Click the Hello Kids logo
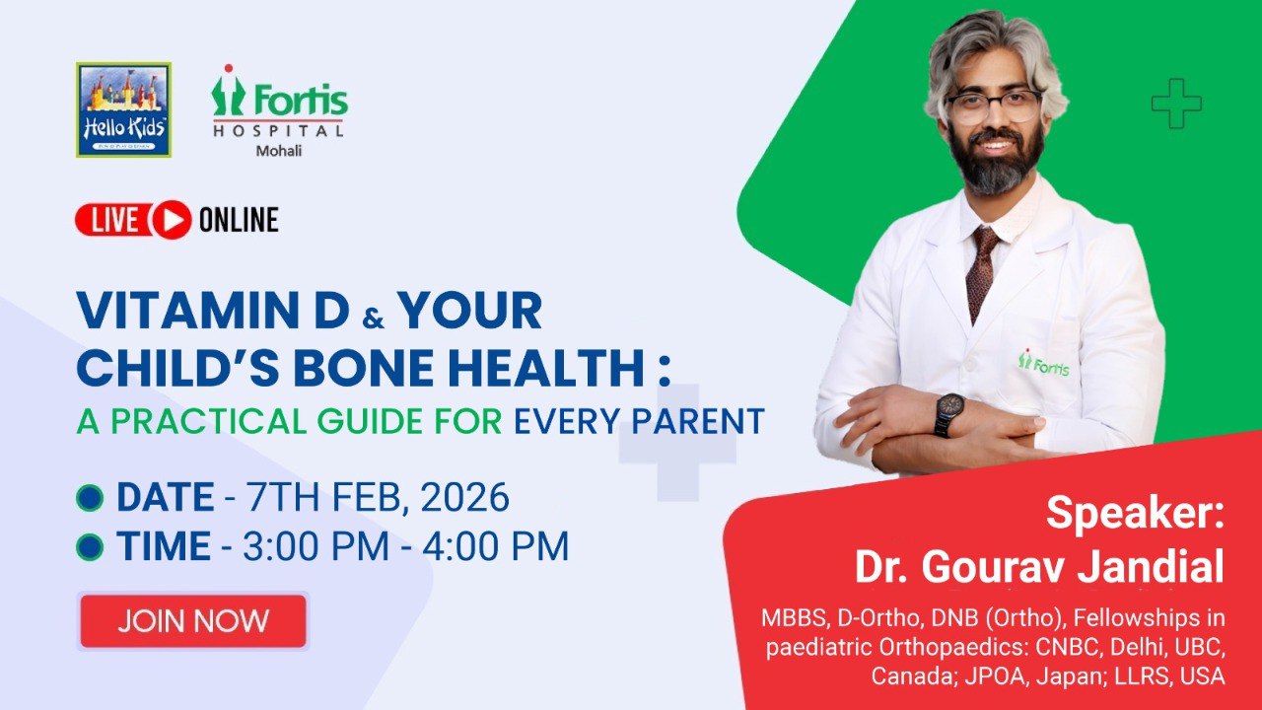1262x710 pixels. tap(123, 109)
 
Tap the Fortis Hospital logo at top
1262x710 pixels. tap(280, 102)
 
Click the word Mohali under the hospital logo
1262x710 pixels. tap(279, 151)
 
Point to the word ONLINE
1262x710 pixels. tap(239, 220)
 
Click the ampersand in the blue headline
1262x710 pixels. tap(374, 319)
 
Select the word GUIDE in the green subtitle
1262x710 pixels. tap(370, 421)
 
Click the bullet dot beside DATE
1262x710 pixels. tap(90, 498)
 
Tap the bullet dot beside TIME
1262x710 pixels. tap(90, 546)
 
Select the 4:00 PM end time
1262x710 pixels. tap(495, 546)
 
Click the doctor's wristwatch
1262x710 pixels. tap(949, 414)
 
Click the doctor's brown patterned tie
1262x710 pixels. tap(981, 273)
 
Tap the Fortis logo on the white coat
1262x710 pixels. tap(1043, 364)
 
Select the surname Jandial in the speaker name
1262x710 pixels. tap(1151, 566)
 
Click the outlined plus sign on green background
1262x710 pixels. tap(1176, 104)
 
